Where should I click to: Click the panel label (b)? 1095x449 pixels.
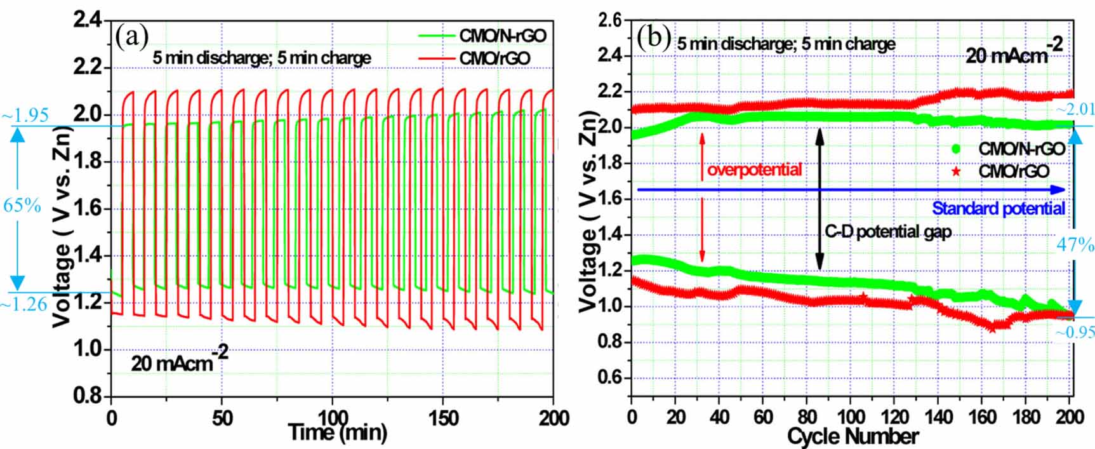[653, 38]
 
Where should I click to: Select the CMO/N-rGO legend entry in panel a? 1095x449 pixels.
[502, 36]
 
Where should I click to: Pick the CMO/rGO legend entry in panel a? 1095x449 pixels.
[494, 58]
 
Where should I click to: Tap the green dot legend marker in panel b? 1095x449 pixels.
[956, 149]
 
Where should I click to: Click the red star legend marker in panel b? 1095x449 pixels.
[956, 171]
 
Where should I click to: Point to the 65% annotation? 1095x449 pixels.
[22, 206]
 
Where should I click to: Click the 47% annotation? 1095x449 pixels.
[1075, 245]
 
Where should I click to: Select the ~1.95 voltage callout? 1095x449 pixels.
[25, 116]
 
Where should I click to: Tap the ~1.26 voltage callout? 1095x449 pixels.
[23, 304]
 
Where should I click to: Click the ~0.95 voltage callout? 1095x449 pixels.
[1075, 332]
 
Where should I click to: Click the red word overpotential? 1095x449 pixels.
[754, 170]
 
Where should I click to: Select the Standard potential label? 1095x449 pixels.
[998, 208]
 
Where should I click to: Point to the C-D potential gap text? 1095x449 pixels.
[887, 232]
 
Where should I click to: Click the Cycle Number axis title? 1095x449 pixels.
[853, 437]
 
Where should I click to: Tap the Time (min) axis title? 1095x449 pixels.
[337, 432]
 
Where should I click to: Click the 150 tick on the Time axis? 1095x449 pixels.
[442, 418]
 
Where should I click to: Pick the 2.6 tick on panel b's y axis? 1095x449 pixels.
[610, 20]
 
